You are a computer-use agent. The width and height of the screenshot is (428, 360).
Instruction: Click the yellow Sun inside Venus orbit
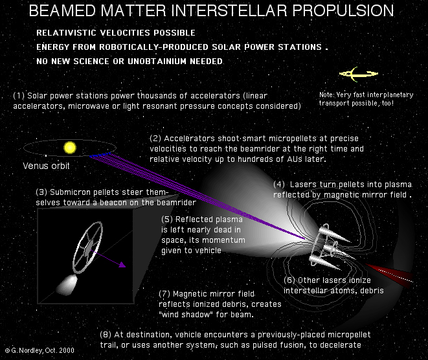[x=69, y=148]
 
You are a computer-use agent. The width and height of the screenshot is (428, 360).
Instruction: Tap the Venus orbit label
[x=46, y=166]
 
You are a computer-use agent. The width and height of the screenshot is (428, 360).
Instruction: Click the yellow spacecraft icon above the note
[x=359, y=74]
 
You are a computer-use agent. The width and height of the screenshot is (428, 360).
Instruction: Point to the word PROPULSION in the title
[x=343, y=10]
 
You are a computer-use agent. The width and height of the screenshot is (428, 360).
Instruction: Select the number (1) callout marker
[x=19, y=96]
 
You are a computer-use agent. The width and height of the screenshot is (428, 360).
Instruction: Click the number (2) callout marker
[x=155, y=139]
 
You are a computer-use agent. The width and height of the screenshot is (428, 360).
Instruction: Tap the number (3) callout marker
[x=41, y=192]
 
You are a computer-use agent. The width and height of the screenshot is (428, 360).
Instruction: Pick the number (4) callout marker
[x=279, y=185]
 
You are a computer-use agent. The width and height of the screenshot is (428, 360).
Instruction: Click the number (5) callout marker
[x=167, y=219]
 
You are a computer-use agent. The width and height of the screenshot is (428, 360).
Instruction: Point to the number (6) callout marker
[x=289, y=280]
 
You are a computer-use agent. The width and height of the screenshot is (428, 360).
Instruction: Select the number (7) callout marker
[x=164, y=294]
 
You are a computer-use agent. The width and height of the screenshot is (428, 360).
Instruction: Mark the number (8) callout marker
[x=106, y=335]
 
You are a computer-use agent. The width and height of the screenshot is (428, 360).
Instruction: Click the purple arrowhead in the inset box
[x=122, y=264]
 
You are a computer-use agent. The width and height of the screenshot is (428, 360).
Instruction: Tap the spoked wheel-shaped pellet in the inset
[x=87, y=247]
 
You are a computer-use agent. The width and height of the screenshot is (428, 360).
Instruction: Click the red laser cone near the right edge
[x=390, y=275]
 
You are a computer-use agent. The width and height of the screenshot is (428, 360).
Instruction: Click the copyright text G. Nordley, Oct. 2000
[x=39, y=350]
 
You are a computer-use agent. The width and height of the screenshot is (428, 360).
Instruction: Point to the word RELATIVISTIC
[x=66, y=33]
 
